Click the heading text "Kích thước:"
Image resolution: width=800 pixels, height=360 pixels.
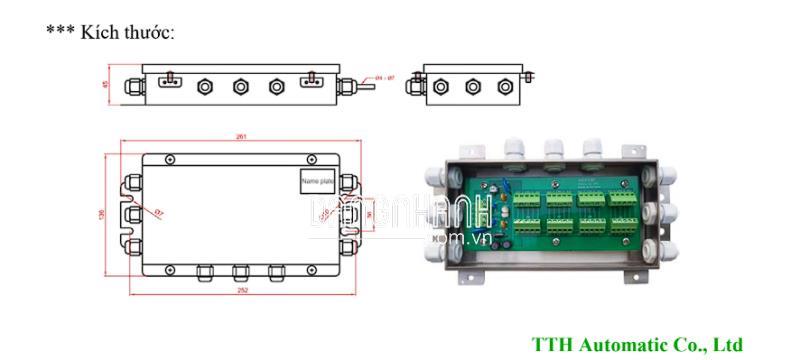pyautogui.click(x=127, y=32)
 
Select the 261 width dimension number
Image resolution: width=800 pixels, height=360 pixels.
pyautogui.click(x=241, y=136)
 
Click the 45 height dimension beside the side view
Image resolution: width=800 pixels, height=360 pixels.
pyautogui.click(x=106, y=86)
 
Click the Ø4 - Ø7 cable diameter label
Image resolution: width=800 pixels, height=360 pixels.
pyautogui.click(x=385, y=77)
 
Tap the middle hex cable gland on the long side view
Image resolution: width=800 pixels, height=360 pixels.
pyautogui.click(x=240, y=87)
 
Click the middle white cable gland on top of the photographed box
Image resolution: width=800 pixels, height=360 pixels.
pyautogui.click(x=553, y=150)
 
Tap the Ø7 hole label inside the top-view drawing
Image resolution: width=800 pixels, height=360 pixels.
pyautogui.click(x=160, y=213)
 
